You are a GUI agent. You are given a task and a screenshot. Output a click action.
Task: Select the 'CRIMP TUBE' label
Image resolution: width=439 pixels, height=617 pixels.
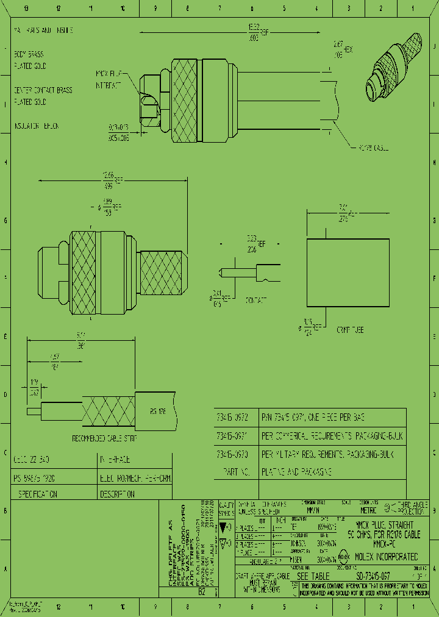[350, 329]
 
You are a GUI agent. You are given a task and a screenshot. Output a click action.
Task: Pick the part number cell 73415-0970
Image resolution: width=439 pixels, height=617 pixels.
[234, 455]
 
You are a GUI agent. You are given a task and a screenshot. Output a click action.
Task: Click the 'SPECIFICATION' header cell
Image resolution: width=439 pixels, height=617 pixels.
[38, 493]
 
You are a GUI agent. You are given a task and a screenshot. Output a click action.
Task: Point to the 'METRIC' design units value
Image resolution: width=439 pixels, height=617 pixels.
[369, 510]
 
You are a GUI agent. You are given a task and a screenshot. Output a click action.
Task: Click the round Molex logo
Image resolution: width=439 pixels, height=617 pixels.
[343, 557]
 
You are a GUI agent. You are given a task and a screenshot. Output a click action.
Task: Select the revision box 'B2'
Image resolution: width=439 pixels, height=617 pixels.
[202, 591]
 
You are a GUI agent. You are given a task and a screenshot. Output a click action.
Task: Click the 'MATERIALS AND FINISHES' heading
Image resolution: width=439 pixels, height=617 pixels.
[43, 30]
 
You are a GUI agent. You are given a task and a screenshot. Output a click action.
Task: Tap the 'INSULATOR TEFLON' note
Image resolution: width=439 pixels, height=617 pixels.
[37, 126]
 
